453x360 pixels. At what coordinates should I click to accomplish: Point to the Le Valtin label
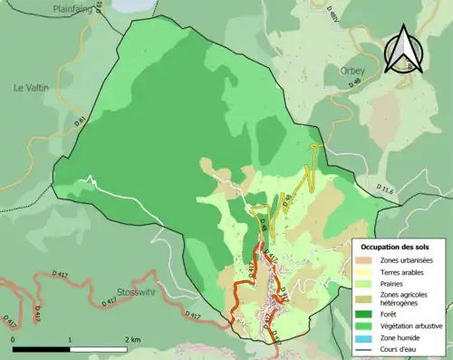[x=30, y=88]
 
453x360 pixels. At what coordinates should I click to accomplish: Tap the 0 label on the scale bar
[x=14, y=339]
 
